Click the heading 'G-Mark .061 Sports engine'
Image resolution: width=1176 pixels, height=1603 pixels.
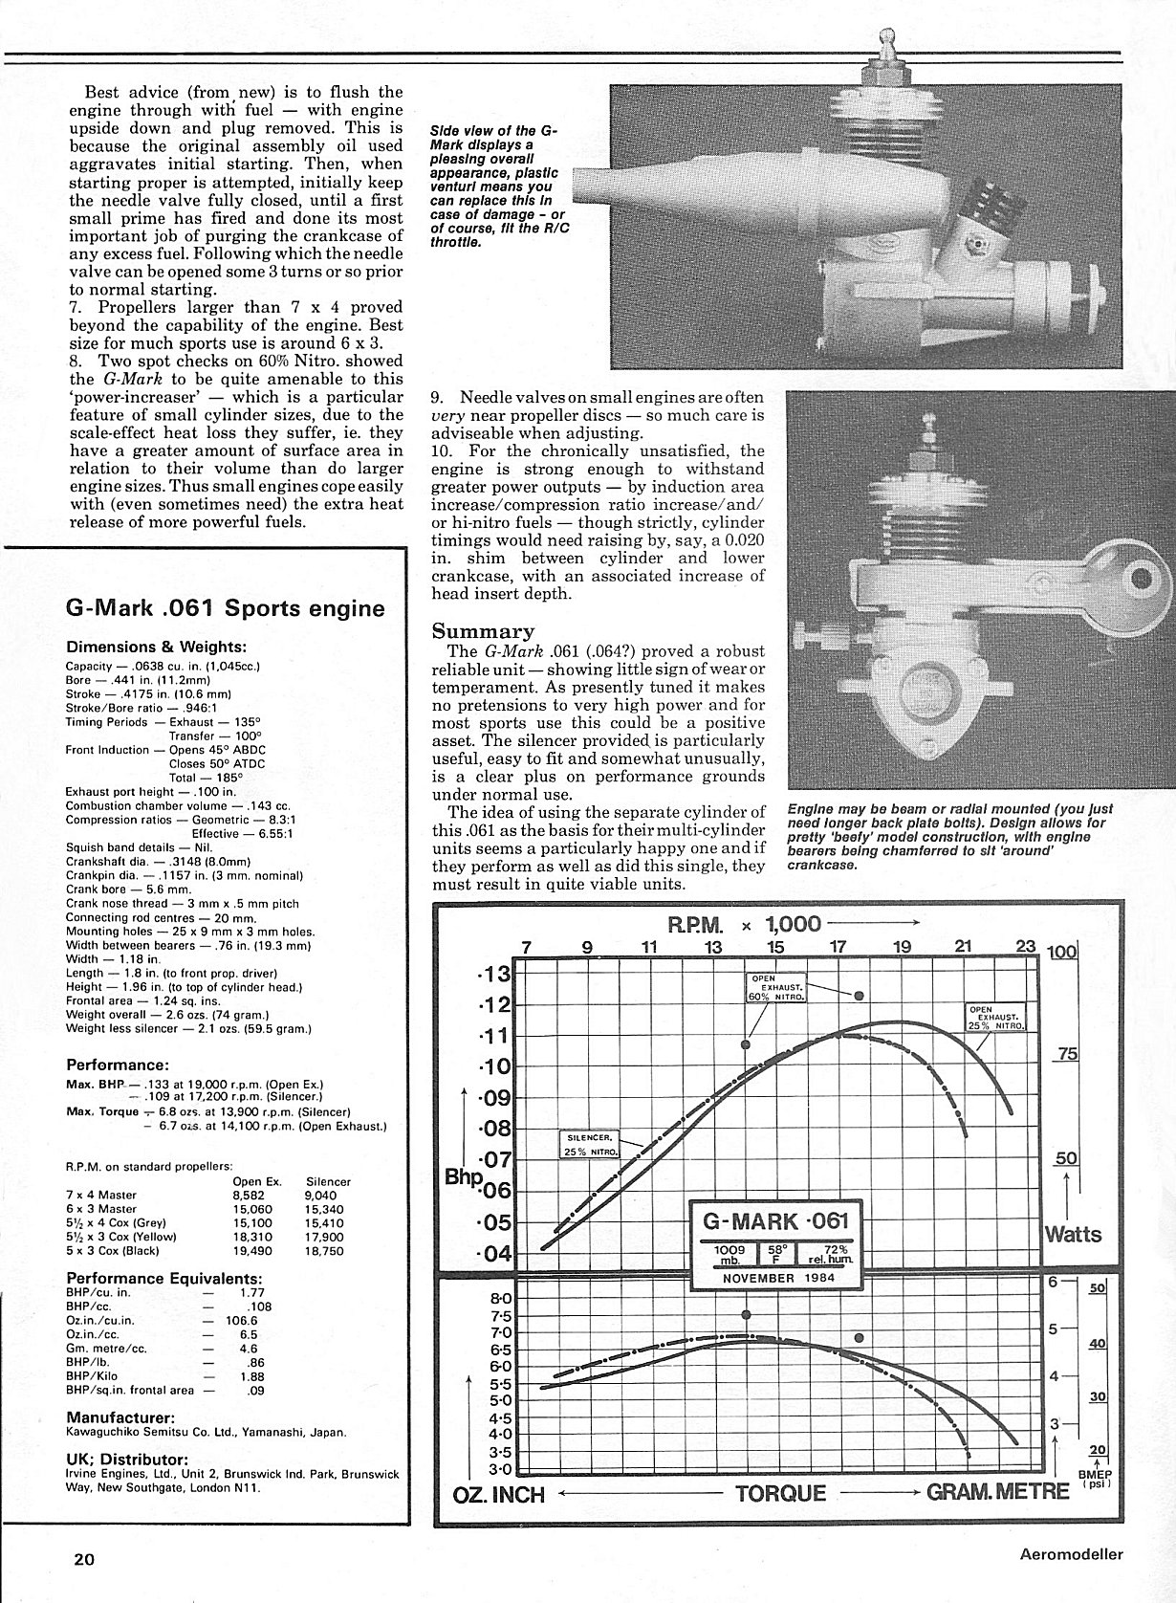(225, 608)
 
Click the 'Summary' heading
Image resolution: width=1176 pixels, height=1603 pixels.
(484, 630)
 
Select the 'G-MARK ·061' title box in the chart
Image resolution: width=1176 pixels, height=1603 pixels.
(774, 1221)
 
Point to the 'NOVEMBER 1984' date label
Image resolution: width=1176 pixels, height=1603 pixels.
(774, 1278)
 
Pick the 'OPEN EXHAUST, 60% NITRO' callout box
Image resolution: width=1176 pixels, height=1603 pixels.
(774, 988)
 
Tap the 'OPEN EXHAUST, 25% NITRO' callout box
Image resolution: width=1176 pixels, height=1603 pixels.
(996, 1017)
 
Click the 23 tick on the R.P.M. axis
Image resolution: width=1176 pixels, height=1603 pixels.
(1025, 947)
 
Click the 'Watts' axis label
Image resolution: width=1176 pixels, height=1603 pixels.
(1074, 1234)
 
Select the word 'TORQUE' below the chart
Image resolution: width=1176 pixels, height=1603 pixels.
(780, 1493)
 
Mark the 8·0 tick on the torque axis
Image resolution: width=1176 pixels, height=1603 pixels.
(500, 1299)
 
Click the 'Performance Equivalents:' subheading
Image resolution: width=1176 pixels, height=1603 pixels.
(163, 1279)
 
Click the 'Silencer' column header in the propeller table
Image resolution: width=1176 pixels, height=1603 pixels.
(328, 1181)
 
